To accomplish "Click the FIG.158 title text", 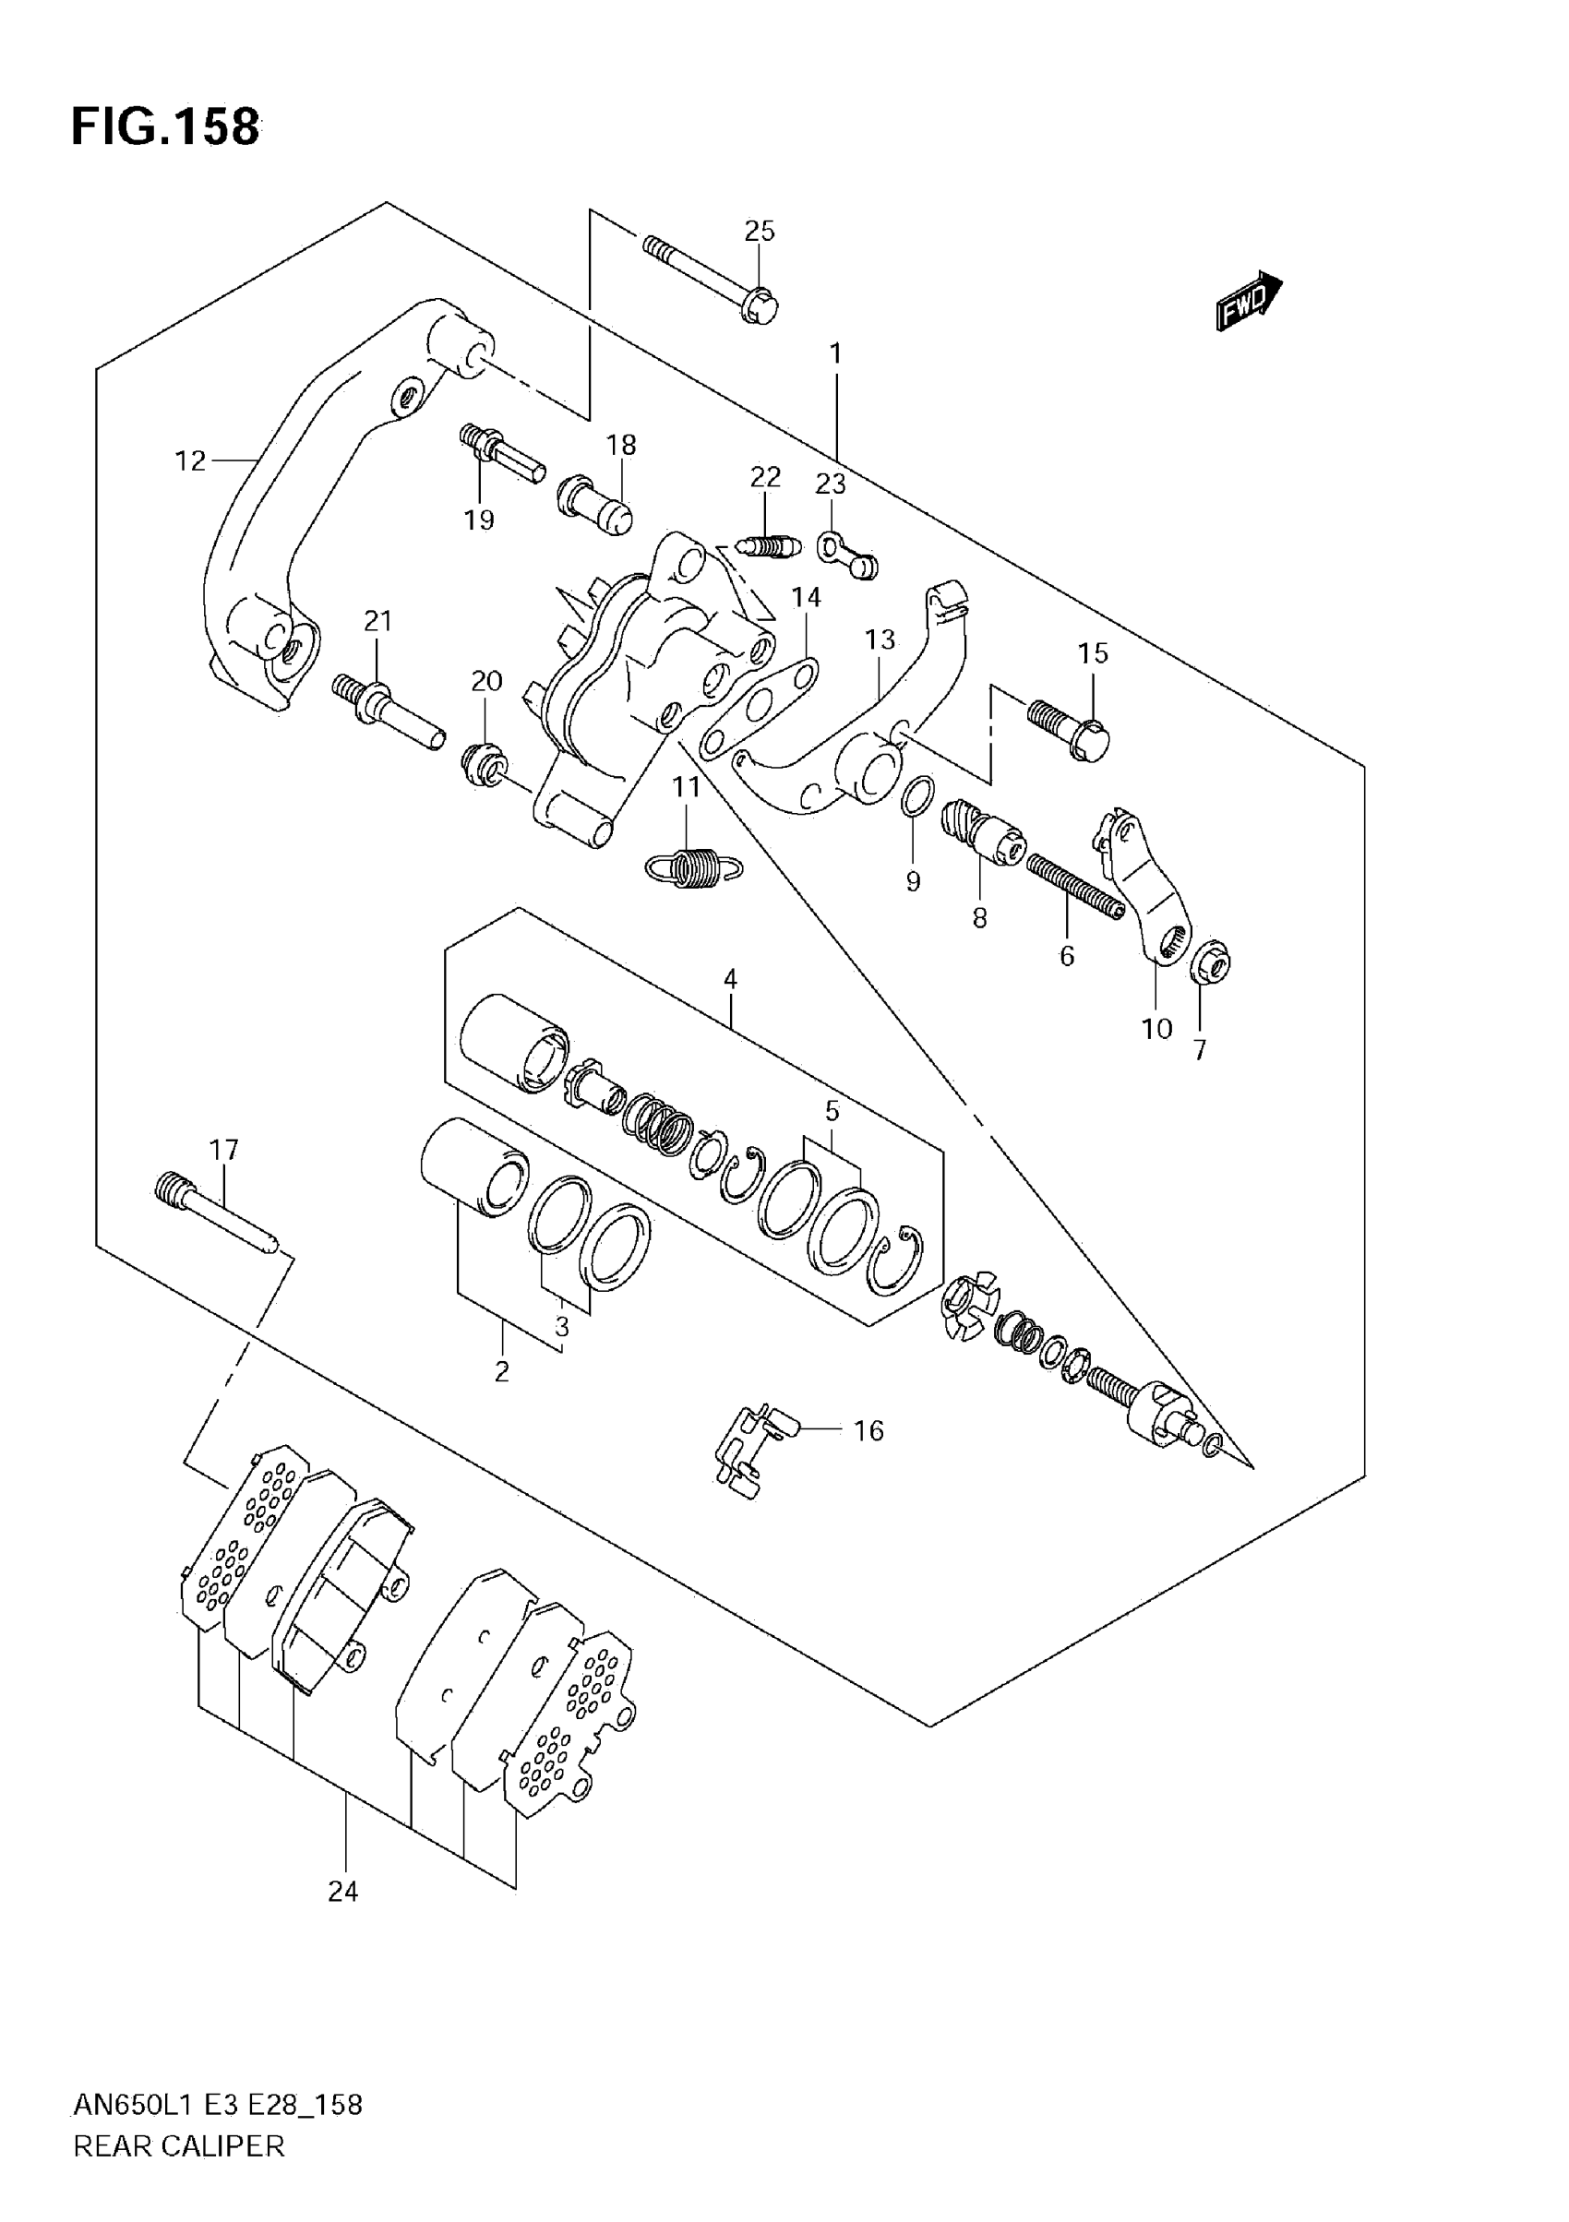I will tap(165, 126).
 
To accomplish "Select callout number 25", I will tap(760, 232).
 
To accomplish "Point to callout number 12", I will tap(191, 460).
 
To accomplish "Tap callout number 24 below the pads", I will tap(342, 1890).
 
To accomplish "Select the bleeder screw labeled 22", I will tap(769, 548).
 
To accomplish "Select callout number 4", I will tap(730, 978).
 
